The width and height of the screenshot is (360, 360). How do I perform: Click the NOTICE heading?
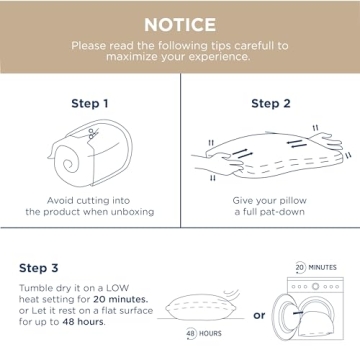click(180, 25)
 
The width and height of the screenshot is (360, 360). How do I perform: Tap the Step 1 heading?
click(90, 104)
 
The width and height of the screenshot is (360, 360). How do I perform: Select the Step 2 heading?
click(271, 104)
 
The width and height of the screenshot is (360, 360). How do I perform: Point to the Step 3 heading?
click(39, 268)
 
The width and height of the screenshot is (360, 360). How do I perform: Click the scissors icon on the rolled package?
click(93, 133)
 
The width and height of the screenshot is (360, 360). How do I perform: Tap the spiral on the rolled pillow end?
click(70, 163)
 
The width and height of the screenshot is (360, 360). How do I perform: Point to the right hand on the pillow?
click(325, 142)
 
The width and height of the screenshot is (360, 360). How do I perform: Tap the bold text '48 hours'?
click(83, 322)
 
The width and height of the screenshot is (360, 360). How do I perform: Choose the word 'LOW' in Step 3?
click(117, 288)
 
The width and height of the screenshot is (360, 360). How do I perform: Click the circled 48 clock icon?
click(191, 334)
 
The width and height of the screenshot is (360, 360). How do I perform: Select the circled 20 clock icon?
click(301, 268)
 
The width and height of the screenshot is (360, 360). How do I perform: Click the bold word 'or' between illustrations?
click(259, 315)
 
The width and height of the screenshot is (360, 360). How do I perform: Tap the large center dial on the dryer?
click(315, 286)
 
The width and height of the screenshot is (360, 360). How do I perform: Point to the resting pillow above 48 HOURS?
click(201, 307)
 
